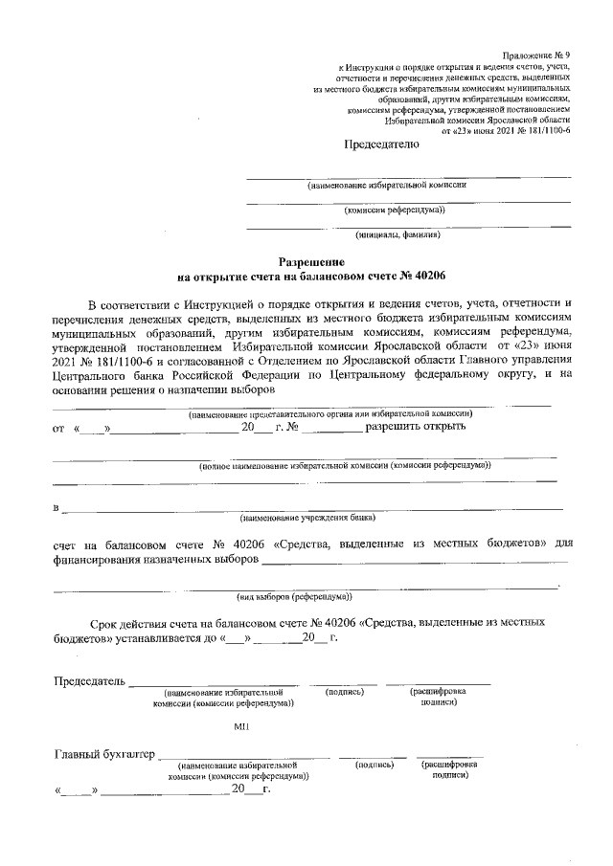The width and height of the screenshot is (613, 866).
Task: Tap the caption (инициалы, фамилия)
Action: (x=397, y=234)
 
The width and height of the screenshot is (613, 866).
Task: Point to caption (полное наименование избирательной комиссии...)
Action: (x=345, y=466)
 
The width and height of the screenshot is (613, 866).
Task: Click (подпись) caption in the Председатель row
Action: (x=343, y=692)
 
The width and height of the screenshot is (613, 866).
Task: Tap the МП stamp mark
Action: (x=241, y=727)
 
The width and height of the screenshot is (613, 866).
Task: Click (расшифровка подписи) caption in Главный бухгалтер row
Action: (x=449, y=771)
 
